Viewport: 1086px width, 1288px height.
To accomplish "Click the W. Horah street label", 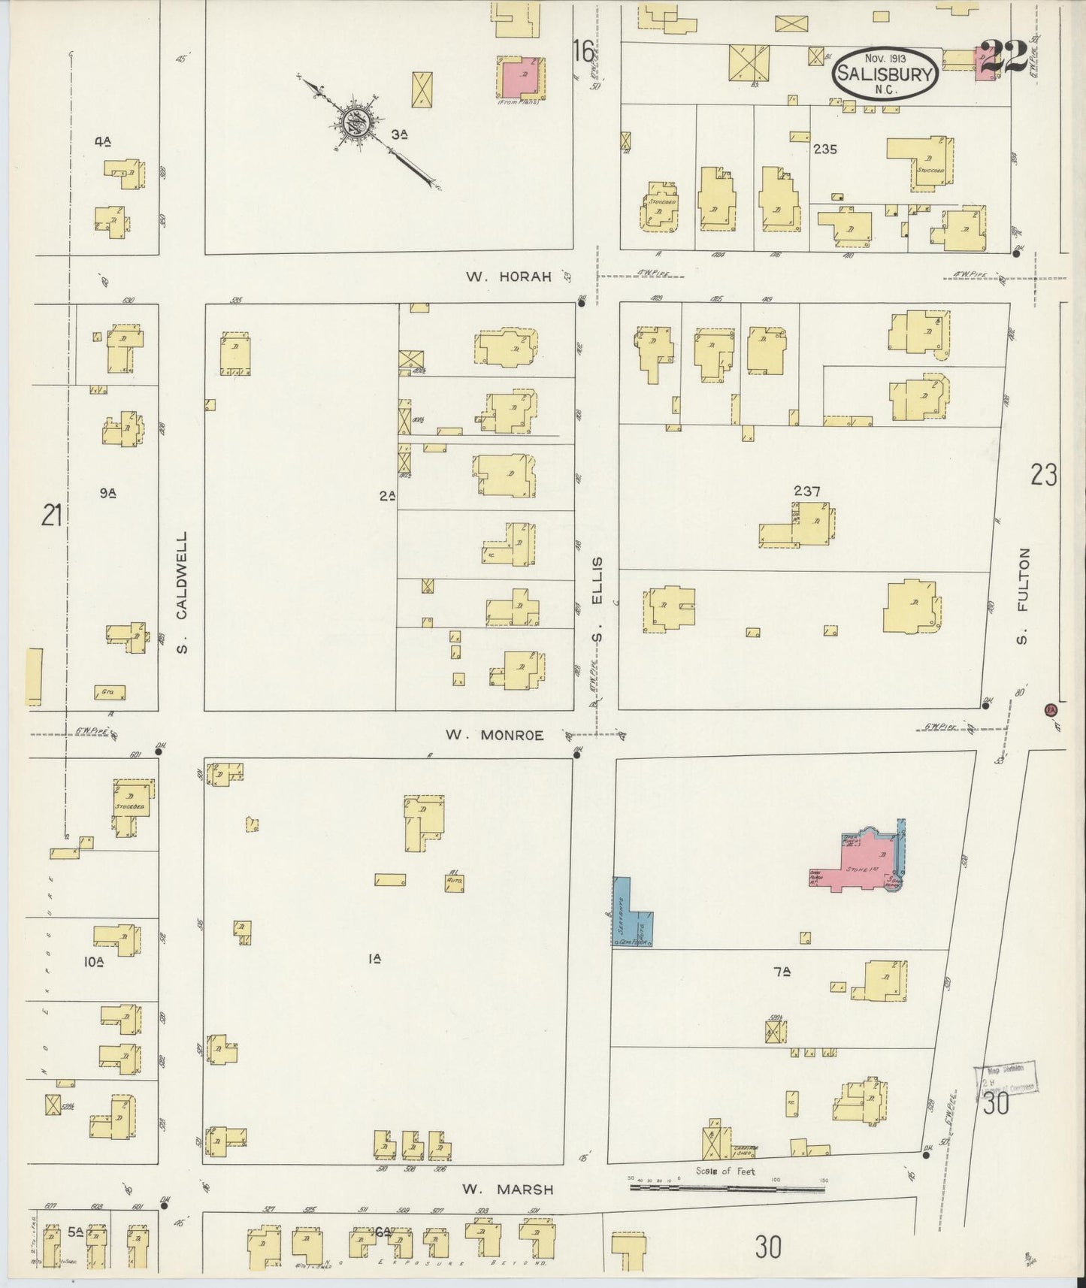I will click(508, 277).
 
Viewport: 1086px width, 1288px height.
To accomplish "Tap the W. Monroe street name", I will click(494, 735).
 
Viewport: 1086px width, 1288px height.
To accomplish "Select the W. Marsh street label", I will click(508, 1189).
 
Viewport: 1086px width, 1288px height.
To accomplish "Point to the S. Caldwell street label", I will click(183, 593).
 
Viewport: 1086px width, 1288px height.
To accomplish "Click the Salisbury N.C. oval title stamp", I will click(886, 73).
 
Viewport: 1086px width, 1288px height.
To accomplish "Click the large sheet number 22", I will click(1004, 59).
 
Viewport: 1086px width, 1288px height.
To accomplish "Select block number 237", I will click(806, 491).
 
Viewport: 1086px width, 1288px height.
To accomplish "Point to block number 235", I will click(824, 149).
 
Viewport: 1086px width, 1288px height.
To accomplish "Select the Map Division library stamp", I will click(1005, 1078).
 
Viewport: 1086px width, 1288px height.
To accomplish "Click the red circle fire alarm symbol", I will click(1051, 709).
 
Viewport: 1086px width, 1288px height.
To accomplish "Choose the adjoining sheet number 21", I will click(51, 516).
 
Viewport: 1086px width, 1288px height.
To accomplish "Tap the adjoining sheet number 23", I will click(1043, 475).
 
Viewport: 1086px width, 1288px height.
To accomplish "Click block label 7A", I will click(782, 972).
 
